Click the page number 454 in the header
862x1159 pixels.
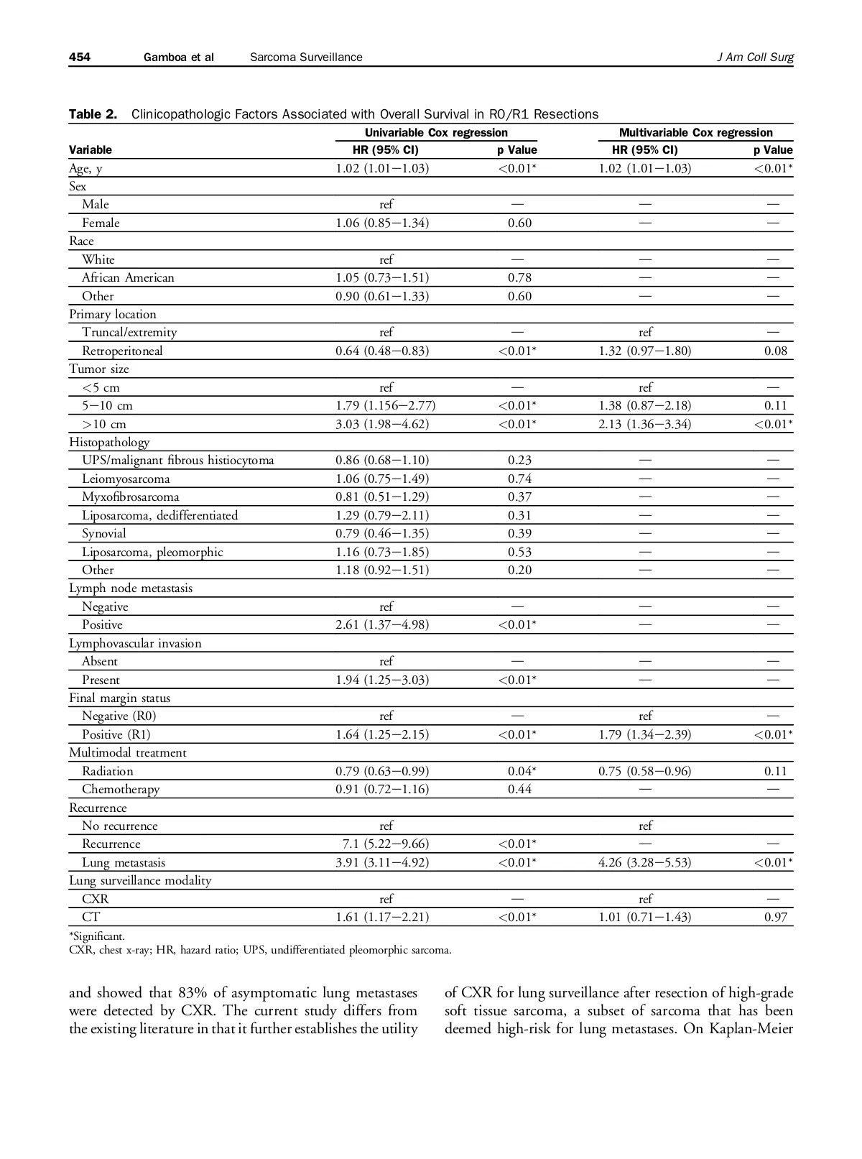pyautogui.click(x=80, y=57)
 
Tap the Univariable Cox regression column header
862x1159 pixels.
pyautogui.click(x=436, y=132)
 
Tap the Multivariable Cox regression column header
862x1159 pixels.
pyautogui.click(x=695, y=132)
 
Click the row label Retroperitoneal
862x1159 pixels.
pyautogui.click(x=122, y=351)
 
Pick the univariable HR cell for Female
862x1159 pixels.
pyautogui.click(x=382, y=223)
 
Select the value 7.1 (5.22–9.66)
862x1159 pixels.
pyautogui.click(x=386, y=844)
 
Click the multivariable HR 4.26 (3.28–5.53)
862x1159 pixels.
pyautogui.click(x=644, y=862)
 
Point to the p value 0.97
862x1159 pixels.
pyautogui.click(x=776, y=917)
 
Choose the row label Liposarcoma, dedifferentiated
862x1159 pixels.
pyautogui.click(x=159, y=515)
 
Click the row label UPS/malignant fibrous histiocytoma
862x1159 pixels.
pyautogui.click(x=177, y=460)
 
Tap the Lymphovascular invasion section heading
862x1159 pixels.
pyautogui.click(x=135, y=643)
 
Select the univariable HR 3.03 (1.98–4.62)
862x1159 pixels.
pyautogui.click(x=382, y=424)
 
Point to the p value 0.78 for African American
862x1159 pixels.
pyautogui.click(x=519, y=277)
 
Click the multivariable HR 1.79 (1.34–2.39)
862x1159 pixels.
pyautogui.click(x=644, y=734)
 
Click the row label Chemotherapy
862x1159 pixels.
pyautogui.click(x=121, y=789)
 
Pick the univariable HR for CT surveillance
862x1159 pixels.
pyautogui.click(x=382, y=917)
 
